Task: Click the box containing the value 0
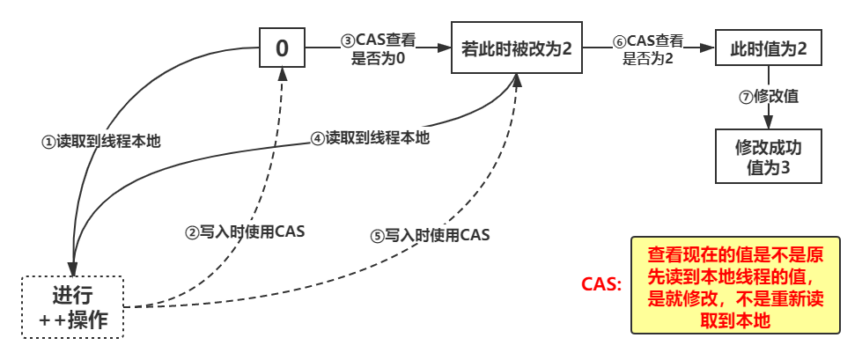click(x=282, y=48)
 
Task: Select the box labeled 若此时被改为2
click(x=517, y=48)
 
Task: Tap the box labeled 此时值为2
click(x=768, y=48)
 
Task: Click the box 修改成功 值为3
click(x=768, y=157)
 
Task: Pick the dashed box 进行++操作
click(x=73, y=307)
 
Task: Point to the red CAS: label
click(x=601, y=285)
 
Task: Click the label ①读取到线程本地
click(x=102, y=140)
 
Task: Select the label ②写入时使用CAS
click(x=245, y=231)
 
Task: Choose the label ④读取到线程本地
click(x=370, y=137)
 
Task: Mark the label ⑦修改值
click(x=769, y=96)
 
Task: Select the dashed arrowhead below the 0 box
click(x=282, y=74)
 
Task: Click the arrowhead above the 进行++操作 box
click(x=73, y=268)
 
